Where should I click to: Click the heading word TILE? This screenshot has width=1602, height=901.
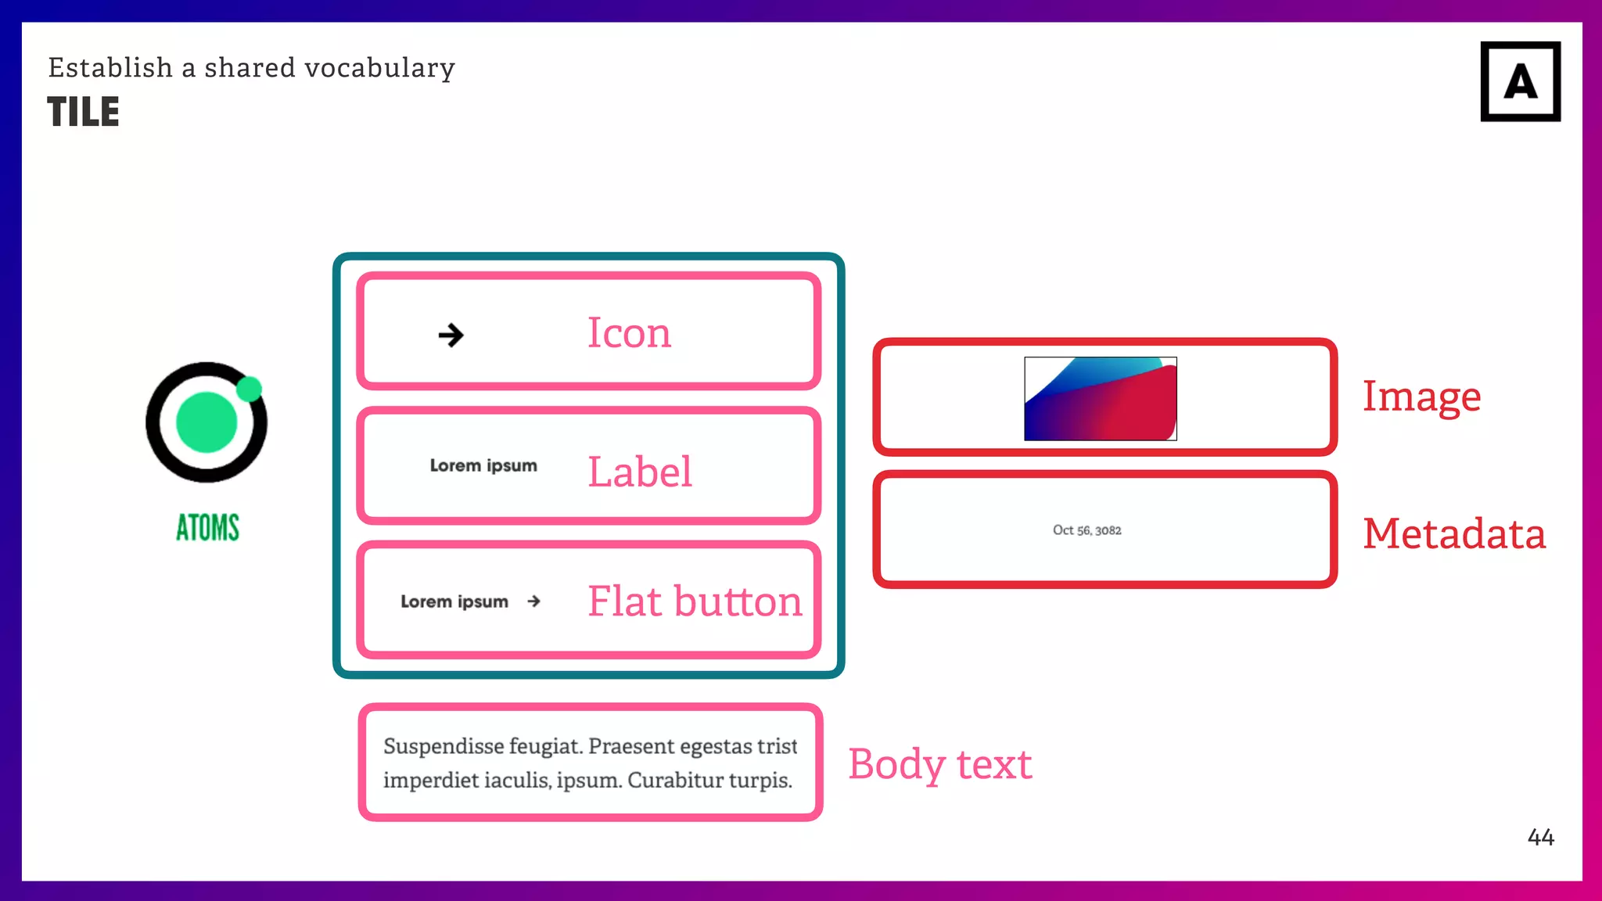83,112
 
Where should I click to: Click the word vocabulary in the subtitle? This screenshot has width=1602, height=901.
379,69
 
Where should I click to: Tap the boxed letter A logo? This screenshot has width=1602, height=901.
1520,81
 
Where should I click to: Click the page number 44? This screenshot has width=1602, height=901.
1540,838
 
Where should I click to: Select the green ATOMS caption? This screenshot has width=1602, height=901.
207,528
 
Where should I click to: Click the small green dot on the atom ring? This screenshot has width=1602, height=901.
250,389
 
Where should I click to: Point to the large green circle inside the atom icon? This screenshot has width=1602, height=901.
207,422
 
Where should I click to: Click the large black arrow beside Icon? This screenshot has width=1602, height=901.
451,336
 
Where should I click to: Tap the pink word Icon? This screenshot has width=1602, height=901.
629,333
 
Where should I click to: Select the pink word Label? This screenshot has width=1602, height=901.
639,472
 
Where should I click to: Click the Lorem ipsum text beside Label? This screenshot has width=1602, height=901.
483,466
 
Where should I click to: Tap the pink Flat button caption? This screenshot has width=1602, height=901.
695,601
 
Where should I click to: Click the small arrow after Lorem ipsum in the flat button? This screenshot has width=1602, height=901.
533,601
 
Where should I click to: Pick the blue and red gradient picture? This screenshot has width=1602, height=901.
1100,399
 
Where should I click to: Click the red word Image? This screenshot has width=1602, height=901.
1421,397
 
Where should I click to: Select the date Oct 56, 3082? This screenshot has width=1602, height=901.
1087,530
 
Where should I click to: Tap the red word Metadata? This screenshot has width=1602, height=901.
1453,534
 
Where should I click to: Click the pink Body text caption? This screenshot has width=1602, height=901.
939,764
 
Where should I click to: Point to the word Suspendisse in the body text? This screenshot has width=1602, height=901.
444,746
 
